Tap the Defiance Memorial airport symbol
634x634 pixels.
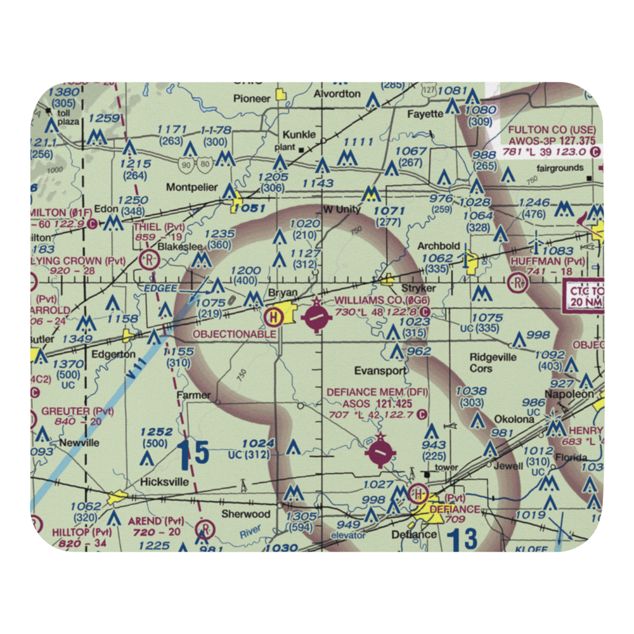[379, 453]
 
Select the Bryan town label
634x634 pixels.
[283, 294]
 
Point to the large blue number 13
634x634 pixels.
[461, 540]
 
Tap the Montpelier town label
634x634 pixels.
[191, 188]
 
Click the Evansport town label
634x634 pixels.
[380, 370]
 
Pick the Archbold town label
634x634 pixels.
[439, 246]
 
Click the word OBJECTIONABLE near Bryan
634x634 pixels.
[234, 333]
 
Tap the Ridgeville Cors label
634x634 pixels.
[493, 362]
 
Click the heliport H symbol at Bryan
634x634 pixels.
[273, 315]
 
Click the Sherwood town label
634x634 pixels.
[245, 514]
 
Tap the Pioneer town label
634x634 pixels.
[252, 98]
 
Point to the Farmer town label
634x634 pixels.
[193, 395]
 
